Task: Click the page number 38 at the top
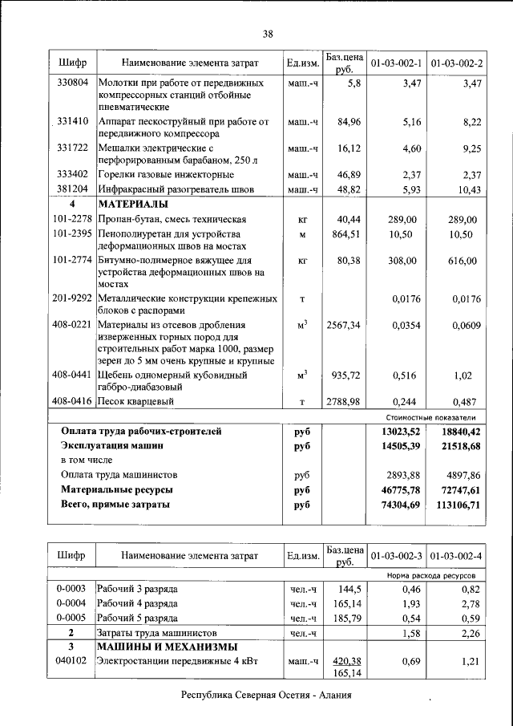(268, 33)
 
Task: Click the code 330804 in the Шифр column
(73, 83)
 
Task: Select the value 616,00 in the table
(460, 261)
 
